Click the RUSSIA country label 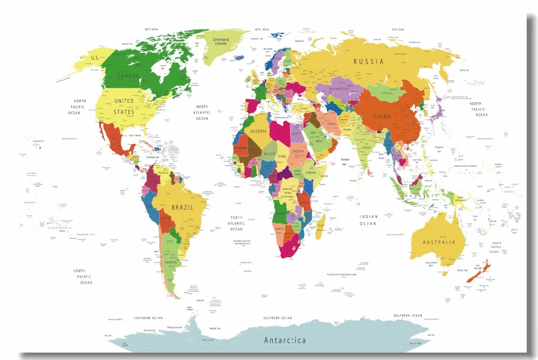tap(369, 61)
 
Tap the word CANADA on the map tap(129, 76)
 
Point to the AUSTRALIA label tap(439, 242)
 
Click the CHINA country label tap(383, 116)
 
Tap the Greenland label tap(221, 40)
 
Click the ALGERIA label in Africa tap(260, 131)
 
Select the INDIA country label tap(366, 147)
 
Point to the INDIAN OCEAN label tap(369, 220)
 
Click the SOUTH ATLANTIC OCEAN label tap(236, 223)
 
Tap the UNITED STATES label tap(124, 106)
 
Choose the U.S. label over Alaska tap(95, 57)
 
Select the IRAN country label tap(331, 124)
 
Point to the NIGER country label tap(269, 154)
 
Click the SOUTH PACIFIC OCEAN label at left tap(80, 277)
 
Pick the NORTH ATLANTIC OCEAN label tap(202, 112)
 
